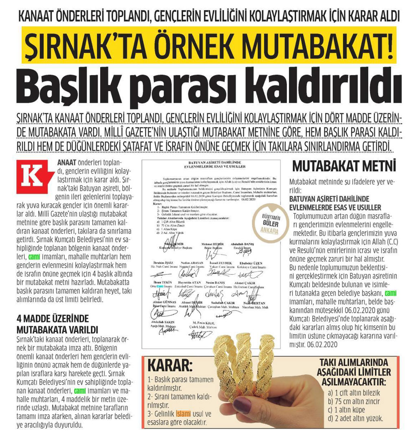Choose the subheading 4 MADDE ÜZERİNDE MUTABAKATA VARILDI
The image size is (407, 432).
pyautogui.click(x=53, y=324)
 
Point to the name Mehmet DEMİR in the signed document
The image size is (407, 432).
pyautogui.click(x=212, y=243)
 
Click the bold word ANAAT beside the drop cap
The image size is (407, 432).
pyautogui.click(x=66, y=162)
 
